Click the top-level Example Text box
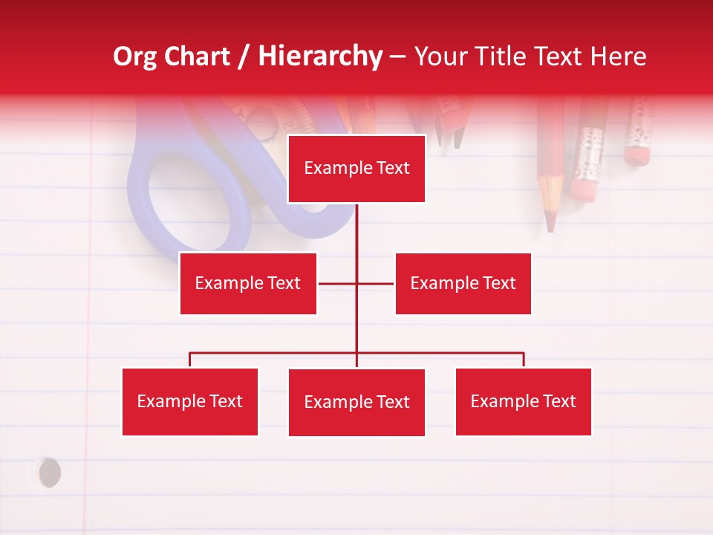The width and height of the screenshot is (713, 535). pos(356,169)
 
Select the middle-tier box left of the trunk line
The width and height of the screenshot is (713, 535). pos(248,283)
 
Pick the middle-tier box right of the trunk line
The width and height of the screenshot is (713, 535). pos(463,283)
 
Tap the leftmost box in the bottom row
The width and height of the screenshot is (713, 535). pos(190,402)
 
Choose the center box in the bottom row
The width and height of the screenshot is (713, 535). pos(356,403)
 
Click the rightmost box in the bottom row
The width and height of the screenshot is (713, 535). pos(523,402)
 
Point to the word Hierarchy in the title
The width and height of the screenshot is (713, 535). pos(320,56)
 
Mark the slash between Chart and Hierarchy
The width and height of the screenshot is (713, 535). pos(244,57)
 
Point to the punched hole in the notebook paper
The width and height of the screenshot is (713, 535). pos(49,473)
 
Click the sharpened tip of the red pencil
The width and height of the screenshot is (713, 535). pos(550,223)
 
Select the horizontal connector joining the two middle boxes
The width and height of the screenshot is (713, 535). pos(356,283)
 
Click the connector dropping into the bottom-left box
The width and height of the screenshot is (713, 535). pos(190,360)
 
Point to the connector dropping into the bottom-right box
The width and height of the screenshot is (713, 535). pos(524,360)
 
